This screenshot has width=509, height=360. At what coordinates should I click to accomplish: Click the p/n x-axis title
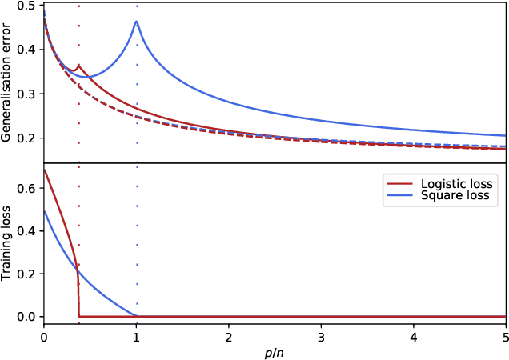pyautogui.click(x=275, y=351)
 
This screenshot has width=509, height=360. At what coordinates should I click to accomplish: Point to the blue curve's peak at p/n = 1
pyautogui.click(x=136, y=22)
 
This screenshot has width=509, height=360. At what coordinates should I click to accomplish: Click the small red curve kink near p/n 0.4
pyautogui.click(x=78, y=66)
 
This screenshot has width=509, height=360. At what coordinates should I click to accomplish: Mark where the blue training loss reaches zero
pyautogui.click(x=136, y=316)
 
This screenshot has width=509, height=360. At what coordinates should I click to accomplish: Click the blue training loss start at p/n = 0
pyautogui.click(x=44, y=211)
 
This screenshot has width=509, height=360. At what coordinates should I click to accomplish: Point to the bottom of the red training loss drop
pyautogui.click(x=79, y=316)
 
